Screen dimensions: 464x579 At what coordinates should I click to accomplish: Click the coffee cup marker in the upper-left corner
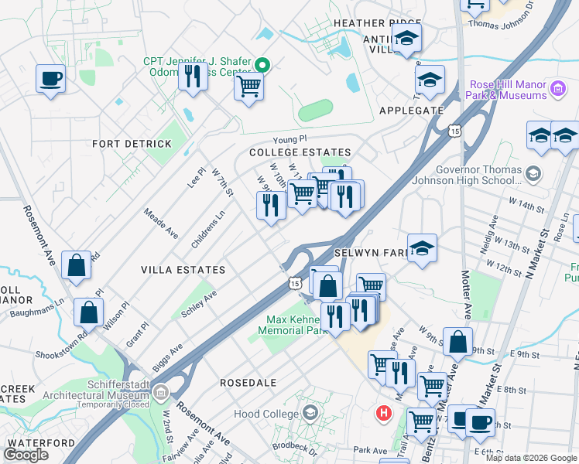click(x=50, y=78)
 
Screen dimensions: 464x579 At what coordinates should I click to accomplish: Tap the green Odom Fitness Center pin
click(x=262, y=65)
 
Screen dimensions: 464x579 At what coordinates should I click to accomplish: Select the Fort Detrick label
click(x=132, y=144)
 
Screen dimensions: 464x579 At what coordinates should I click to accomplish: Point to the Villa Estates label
click(x=183, y=270)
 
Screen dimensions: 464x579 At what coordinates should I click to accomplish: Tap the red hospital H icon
click(x=382, y=413)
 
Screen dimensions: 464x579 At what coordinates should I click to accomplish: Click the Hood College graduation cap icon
click(x=310, y=413)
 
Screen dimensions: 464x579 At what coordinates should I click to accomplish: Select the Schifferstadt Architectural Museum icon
click(x=160, y=392)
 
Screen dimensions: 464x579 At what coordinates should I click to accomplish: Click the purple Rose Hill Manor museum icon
click(x=557, y=90)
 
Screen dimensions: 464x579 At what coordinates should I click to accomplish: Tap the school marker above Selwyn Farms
click(x=422, y=248)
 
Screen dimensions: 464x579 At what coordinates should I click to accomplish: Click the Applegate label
click(x=411, y=111)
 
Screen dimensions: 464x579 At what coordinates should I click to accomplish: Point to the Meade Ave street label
click(x=161, y=222)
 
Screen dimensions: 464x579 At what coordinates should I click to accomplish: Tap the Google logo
click(x=26, y=455)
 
